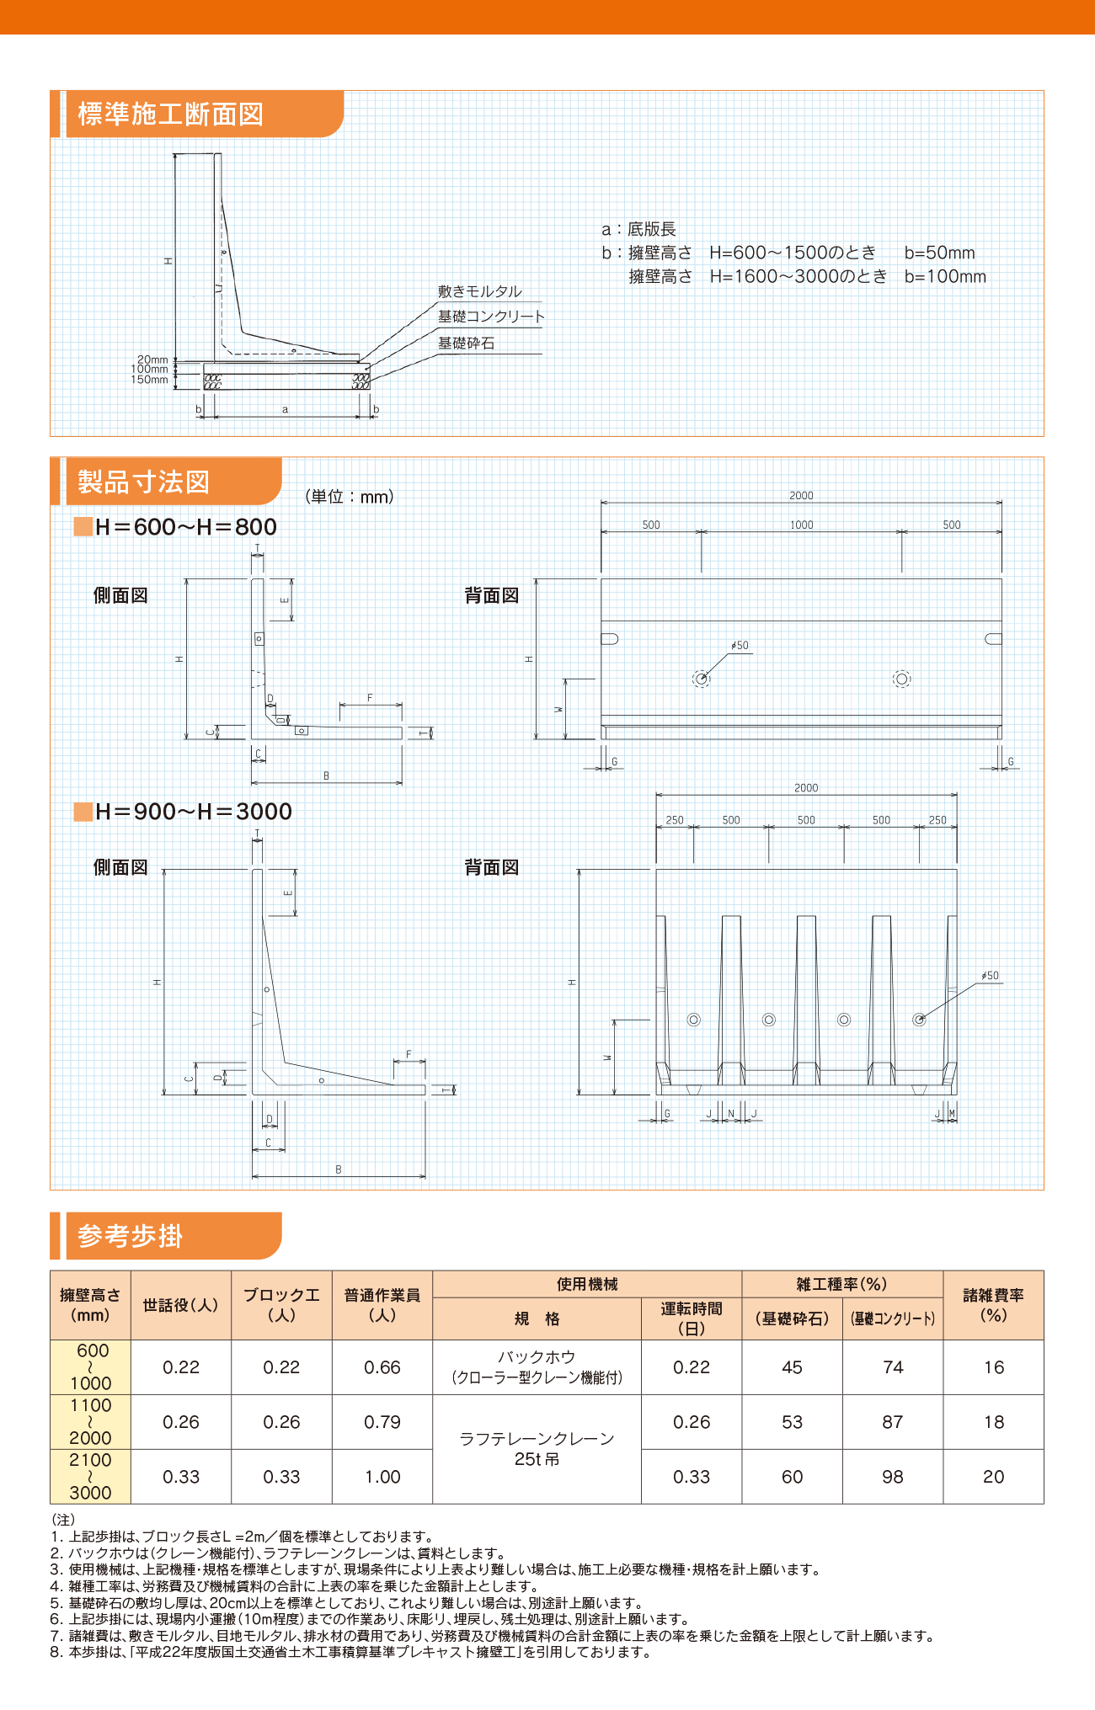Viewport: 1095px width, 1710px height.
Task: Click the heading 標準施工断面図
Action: click(x=170, y=114)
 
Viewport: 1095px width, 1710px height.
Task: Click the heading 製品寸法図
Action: click(x=143, y=482)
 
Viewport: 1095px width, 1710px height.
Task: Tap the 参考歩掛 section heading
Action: click(x=130, y=1235)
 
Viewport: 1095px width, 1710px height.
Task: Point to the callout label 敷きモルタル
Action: click(x=479, y=291)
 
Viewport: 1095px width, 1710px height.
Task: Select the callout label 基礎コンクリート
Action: click(x=491, y=317)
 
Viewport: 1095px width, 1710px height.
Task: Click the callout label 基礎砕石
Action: click(x=466, y=343)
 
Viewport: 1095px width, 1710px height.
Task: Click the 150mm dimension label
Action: click(x=149, y=380)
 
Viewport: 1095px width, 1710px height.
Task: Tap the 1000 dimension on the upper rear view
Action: click(x=801, y=525)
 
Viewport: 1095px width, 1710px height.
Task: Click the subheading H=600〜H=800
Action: click(x=185, y=527)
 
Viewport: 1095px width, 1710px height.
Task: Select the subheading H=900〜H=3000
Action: click(x=193, y=812)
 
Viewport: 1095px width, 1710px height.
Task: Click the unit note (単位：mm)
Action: click(x=350, y=497)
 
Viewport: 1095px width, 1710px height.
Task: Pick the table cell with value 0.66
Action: click(x=382, y=1367)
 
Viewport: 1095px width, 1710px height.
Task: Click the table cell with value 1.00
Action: click(x=382, y=1477)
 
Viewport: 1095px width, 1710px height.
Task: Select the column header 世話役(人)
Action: click(x=180, y=1305)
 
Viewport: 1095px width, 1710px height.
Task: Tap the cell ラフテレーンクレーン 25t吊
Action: click(x=537, y=1449)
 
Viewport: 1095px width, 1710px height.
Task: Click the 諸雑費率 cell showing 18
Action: click(x=993, y=1422)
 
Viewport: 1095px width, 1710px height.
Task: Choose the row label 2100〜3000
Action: click(x=90, y=1477)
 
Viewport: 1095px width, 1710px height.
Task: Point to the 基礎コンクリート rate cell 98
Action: click(x=892, y=1477)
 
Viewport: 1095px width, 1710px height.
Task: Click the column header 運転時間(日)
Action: click(x=691, y=1318)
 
